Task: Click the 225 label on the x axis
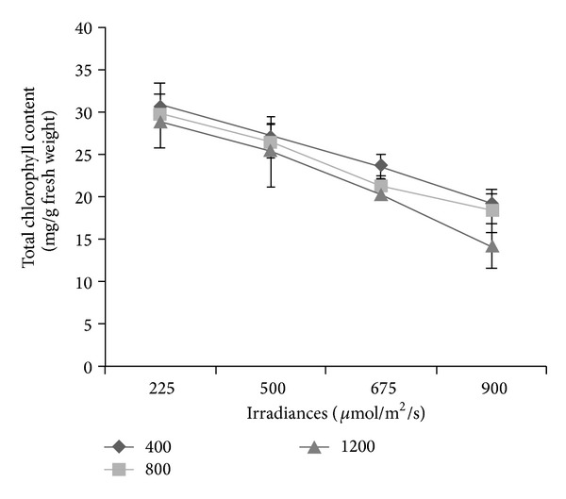160,390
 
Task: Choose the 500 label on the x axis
271,390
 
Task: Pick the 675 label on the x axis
381,390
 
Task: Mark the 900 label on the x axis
491,390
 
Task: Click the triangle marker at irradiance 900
491,246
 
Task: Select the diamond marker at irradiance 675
381,166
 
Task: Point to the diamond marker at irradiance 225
160,106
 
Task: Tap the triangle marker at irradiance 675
381,194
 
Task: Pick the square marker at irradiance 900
491,209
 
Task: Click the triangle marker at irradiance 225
160,122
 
